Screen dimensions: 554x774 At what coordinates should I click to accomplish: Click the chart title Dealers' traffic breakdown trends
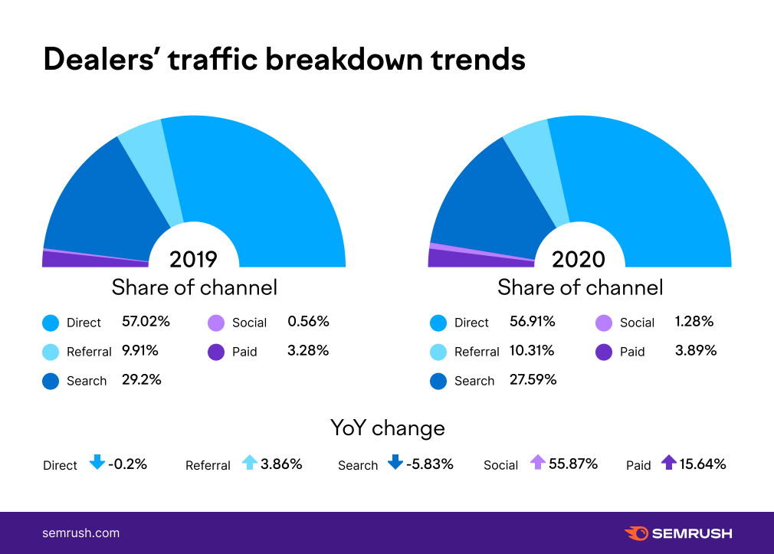click(284, 60)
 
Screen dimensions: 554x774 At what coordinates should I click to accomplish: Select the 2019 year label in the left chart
click(193, 259)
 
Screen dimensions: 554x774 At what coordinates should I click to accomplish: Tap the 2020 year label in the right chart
click(579, 259)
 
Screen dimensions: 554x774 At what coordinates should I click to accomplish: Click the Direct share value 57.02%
click(146, 322)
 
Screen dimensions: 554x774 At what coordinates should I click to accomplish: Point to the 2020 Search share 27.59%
click(533, 380)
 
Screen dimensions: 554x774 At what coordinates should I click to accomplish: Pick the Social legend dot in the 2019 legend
click(215, 323)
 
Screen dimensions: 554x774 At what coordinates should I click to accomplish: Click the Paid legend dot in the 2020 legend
click(603, 352)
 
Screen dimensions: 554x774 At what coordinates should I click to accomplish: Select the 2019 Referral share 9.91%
click(140, 351)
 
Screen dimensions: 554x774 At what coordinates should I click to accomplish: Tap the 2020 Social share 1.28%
click(694, 322)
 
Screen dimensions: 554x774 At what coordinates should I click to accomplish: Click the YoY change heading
click(387, 428)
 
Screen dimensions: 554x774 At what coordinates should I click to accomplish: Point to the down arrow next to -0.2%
click(97, 463)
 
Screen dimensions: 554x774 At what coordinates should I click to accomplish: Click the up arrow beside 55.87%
click(537, 463)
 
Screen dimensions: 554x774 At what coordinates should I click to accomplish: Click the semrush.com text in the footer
click(80, 533)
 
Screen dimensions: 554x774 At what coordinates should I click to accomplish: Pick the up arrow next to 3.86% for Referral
click(250, 463)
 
